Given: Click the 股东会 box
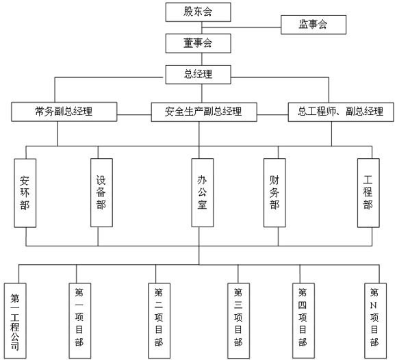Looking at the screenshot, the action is click(x=198, y=12).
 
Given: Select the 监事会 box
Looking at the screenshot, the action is click(x=313, y=25).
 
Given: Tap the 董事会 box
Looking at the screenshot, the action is click(x=198, y=43).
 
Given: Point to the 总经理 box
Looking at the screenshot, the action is click(x=198, y=75).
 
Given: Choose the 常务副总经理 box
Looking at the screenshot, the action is click(x=64, y=112).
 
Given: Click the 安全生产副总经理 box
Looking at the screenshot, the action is click(x=204, y=112).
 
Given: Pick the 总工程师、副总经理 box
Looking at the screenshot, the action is click(x=341, y=112).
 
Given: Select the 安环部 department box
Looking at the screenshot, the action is click(x=25, y=193).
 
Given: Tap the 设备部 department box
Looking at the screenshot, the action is click(x=101, y=192).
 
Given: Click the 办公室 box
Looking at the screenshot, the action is click(x=203, y=192).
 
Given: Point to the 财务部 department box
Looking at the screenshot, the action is click(x=274, y=192).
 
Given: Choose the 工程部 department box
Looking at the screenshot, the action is click(x=368, y=193).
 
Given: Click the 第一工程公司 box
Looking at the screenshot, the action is click(x=15, y=321).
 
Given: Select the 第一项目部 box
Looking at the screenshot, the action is click(x=80, y=321).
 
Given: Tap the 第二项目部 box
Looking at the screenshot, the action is click(x=159, y=321).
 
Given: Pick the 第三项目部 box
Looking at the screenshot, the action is click(x=238, y=321).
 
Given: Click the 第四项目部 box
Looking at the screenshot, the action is click(x=304, y=321).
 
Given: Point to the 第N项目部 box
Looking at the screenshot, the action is click(x=376, y=321).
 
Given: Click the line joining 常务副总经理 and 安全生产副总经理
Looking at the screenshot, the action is click(x=134, y=115).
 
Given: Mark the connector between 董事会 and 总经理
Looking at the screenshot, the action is click(x=202, y=59).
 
